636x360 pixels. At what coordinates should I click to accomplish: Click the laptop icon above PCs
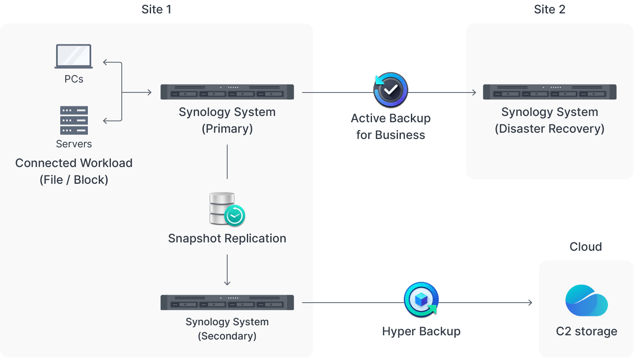74,56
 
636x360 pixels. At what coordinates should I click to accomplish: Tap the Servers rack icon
74,120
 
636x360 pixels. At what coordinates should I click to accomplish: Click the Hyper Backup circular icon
421,300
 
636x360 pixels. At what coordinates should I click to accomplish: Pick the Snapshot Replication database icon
226,209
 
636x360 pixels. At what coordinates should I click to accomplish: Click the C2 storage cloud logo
586,301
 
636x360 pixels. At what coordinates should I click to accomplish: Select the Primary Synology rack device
227,92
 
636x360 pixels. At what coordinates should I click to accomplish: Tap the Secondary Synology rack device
227,302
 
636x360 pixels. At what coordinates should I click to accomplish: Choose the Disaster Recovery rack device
549,92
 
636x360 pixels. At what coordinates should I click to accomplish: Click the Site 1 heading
156,9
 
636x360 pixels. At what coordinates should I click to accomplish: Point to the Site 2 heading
549,9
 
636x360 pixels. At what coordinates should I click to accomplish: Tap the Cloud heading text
585,247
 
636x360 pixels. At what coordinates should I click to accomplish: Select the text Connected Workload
74,163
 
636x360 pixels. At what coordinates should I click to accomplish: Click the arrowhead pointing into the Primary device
149,92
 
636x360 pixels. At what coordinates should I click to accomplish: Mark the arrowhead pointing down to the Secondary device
227,283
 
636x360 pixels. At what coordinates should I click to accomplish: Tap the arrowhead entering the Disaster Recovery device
474,93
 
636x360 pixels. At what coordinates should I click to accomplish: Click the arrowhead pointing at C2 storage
530,302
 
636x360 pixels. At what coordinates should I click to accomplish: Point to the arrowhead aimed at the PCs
105,62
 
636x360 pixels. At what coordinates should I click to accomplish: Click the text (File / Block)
74,180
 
